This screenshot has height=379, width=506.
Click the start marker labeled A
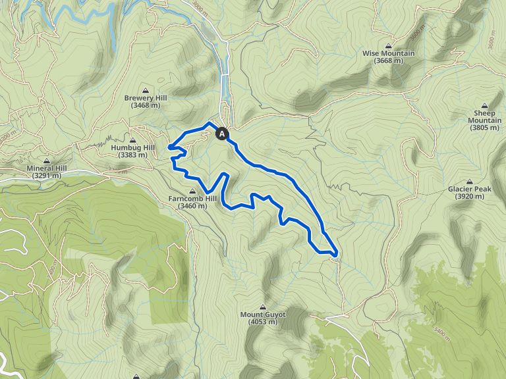tap(222, 134)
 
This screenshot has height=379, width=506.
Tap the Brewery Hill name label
tap(146, 98)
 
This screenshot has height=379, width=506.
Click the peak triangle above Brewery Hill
tap(146, 90)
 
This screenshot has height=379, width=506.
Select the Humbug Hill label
tap(132, 148)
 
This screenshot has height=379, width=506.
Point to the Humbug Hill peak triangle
tap(132, 140)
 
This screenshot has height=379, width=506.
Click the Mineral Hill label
tap(47, 168)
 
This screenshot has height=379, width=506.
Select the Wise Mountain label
tap(388, 53)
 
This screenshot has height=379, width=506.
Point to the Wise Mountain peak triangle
tap(388, 45)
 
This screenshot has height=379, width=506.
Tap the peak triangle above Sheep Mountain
tap(484, 105)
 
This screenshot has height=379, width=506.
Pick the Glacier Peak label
tap(470, 189)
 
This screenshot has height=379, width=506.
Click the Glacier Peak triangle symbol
tap(470, 182)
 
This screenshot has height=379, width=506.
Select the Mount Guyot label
tap(263, 315)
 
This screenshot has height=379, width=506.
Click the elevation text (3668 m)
tap(388, 61)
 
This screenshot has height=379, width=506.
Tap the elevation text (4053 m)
tap(263, 322)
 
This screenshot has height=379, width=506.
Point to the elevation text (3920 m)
tap(470, 197)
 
